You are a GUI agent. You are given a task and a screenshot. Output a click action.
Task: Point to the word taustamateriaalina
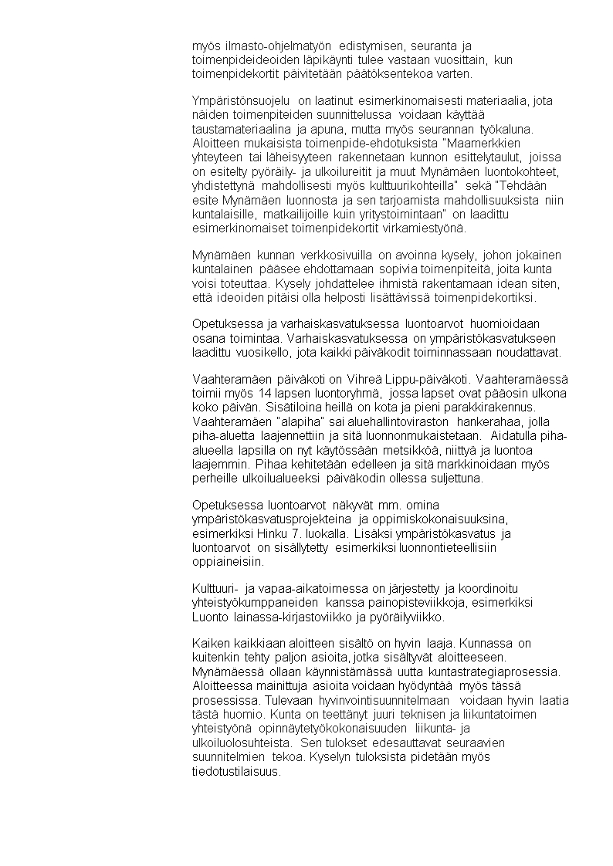click(x=242, y=129)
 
